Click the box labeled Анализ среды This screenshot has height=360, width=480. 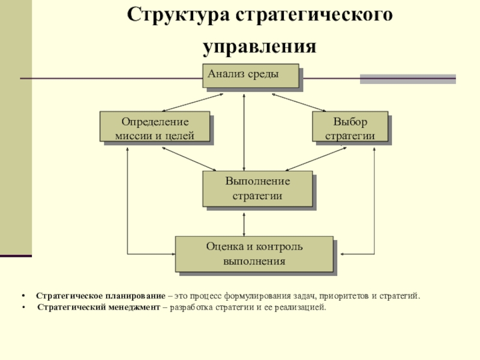(250, 76)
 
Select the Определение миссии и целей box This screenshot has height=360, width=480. (155, 128)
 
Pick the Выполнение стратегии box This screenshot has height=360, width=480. (257, 188)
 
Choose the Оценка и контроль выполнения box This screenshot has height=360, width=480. (254, 254)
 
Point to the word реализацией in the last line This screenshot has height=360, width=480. (296, 307)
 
